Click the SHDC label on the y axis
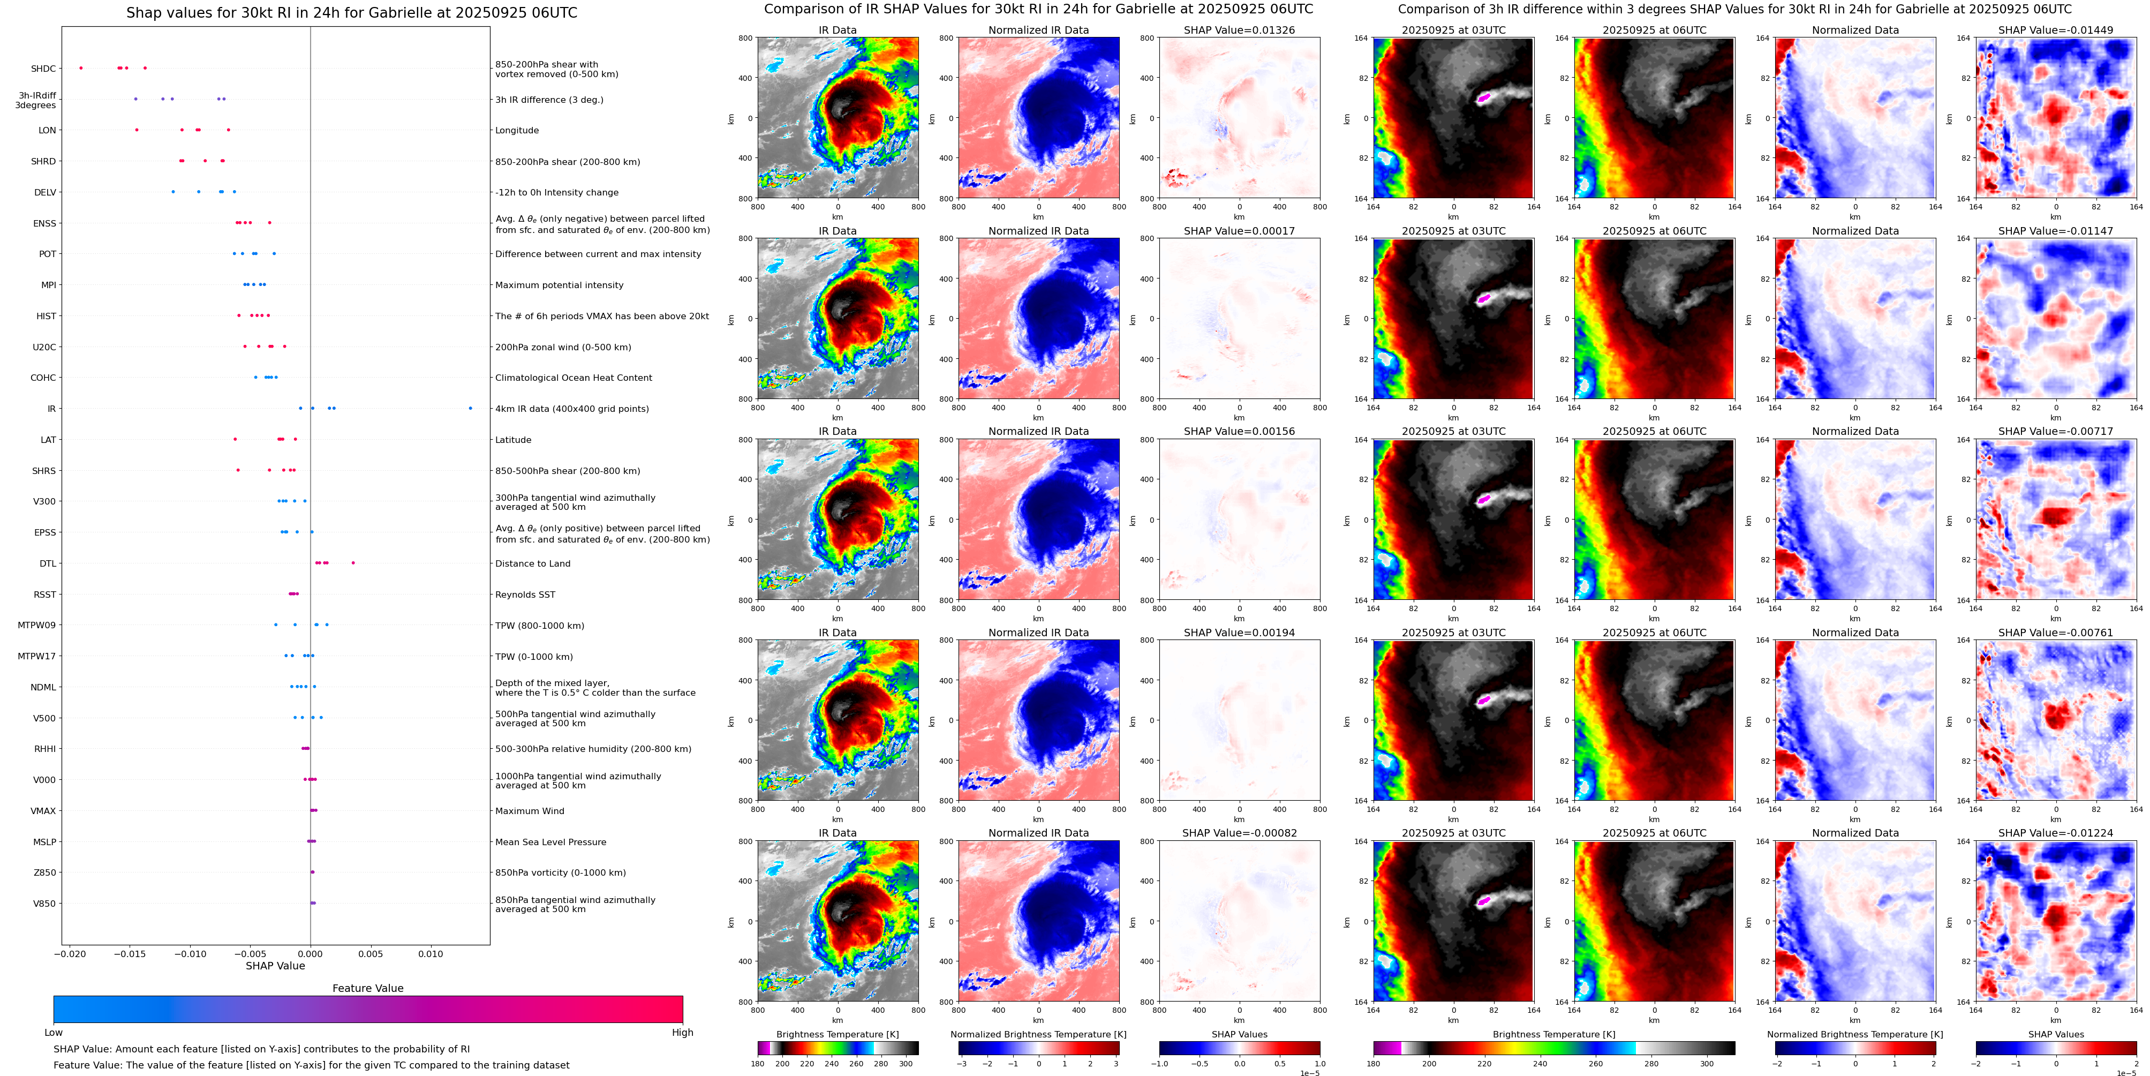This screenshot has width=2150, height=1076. [x=43, y=69]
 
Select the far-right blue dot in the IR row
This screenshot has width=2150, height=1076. [x=470, y=408]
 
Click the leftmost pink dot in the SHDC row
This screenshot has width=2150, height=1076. [x=81, y=67]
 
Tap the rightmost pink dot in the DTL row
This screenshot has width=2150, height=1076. [x=353, y=562]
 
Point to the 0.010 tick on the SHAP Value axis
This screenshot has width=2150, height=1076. [x=431, y=954]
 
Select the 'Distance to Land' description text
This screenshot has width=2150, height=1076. [x=532, y=563]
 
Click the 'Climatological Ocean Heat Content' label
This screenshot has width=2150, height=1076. [x=574, y=378]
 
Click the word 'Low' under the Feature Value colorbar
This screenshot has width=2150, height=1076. [x=54, y=1033]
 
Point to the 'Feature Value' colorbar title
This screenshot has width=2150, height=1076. [x=367, y=988]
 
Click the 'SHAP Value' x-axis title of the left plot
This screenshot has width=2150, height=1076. [x=275, y=966]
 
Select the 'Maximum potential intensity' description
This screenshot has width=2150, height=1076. [x=559, y=285]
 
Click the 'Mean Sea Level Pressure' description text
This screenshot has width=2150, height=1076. [x=550, y=842]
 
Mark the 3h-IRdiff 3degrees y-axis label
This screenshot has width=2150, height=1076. [x=36, y=100]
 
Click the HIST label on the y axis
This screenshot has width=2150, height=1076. [x=46, y=317]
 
